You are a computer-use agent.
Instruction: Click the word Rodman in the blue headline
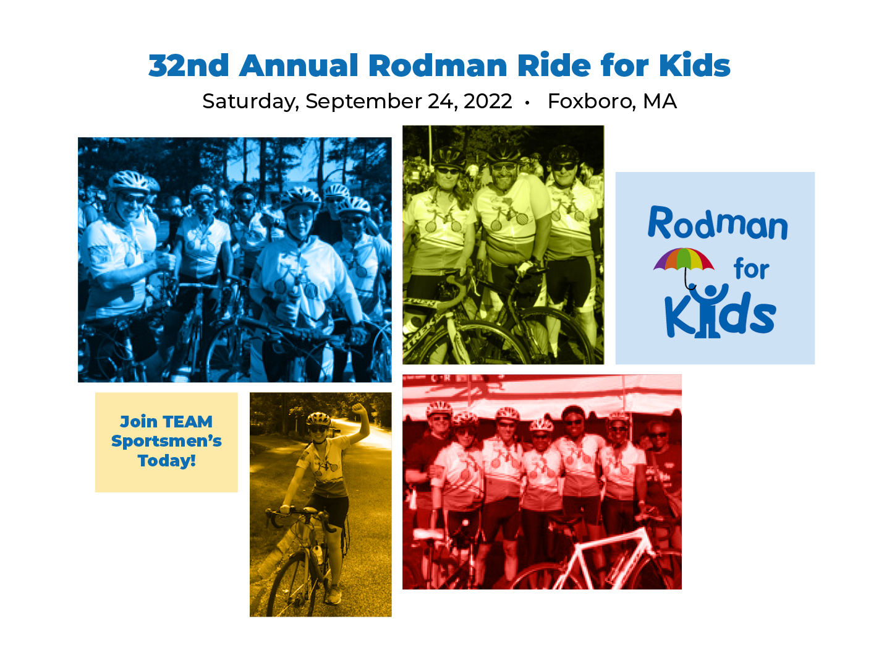tap(437, 66)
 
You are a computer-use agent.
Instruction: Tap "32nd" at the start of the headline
tap(188, 66)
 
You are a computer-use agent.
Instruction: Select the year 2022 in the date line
tap(487, 101)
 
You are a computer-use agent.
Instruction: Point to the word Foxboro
tap(590, 101)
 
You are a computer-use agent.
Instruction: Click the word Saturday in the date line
tap(250, 101)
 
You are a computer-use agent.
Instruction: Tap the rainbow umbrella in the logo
tap(682, 267)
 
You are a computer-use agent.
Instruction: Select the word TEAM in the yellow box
tap(188, 421)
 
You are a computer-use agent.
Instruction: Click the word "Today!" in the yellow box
tap(166, 460)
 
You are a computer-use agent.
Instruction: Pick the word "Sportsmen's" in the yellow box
tap(166, 441)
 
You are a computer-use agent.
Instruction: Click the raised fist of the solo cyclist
tap(358, 409)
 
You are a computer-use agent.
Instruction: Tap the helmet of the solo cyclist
tap(318, 419)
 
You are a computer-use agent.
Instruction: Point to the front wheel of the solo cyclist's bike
tap(288, 585)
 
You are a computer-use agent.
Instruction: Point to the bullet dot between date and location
tap(527, 103)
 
